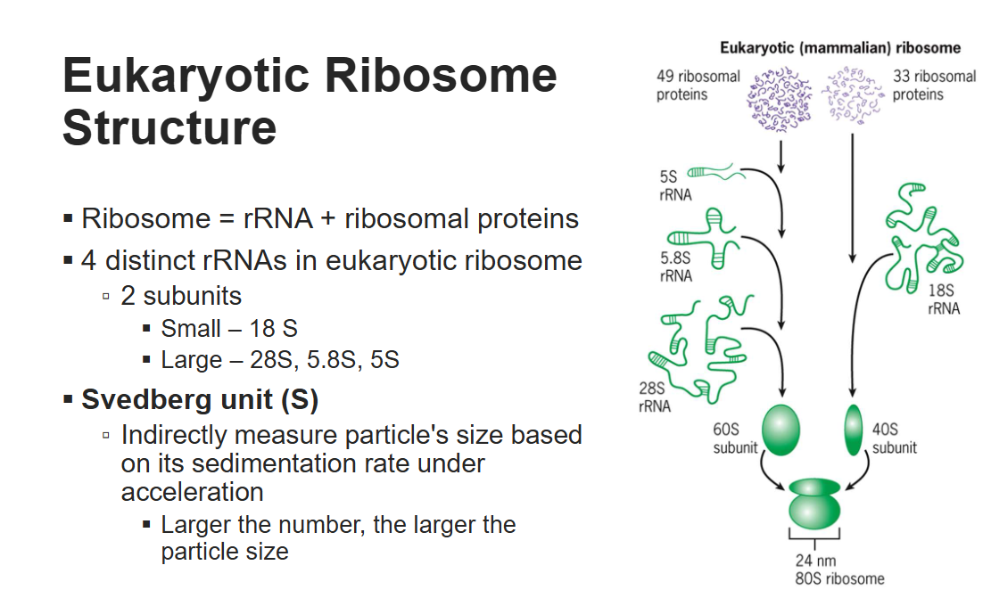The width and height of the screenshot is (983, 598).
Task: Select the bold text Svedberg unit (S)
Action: click(200, 399)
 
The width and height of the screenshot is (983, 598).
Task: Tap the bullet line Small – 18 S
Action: click(229, 328)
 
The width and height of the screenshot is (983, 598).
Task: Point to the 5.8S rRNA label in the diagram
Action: click(676, 267)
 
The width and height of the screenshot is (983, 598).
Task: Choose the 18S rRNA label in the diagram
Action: click(944, 299)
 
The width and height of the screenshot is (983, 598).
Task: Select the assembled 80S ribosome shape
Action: click(814, 504)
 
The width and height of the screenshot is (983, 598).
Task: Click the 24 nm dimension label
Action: click(815, 561)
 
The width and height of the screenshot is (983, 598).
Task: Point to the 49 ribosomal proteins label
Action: click(698, 85)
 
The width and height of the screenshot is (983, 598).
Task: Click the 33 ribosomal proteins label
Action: click(934, 85)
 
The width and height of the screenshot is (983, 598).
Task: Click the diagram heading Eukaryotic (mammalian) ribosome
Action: click(839, 47)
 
